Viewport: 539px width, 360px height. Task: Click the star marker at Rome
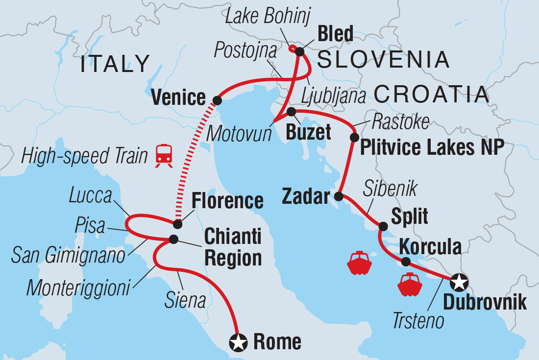pyautogui.click(x=239, y=342)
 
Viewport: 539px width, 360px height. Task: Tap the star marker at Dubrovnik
pyautogui.click(x=460, y=282)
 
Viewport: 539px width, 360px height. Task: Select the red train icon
pyautogui.click(x=164, y=156)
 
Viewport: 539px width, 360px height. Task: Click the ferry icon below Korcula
pyautogui.click(x=410, y=285)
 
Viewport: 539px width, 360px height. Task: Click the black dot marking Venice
pyautogui.click(x=217, y=100)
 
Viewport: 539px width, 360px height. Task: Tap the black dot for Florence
pyautogui.click(x=178, y=224)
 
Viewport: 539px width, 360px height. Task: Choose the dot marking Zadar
pyautogui.click(x=339, y=197)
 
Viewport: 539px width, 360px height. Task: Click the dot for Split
pyautogui.click(x=383, y=226)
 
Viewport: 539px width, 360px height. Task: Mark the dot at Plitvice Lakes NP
pyautogui.click(x=353, y=138)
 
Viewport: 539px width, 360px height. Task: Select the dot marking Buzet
pyautogui.click(x=291, y=112)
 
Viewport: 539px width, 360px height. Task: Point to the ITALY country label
pyautogui.click(x=115, y=64)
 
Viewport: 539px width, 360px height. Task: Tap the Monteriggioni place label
pyautogui.click(x=78, y=288)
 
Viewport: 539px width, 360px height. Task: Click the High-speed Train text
pyautogui.click(x=85, y=156)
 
